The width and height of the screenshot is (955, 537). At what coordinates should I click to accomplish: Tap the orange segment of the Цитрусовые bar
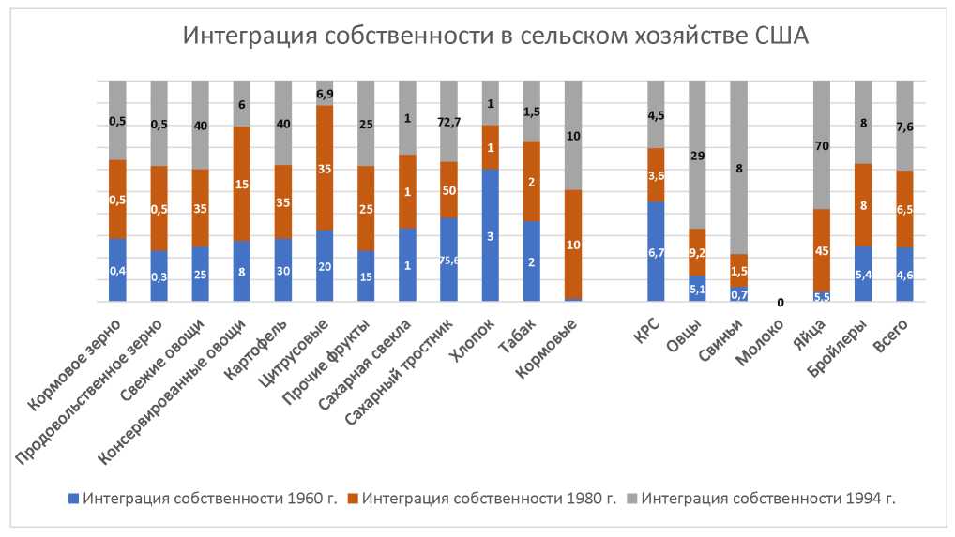[x=325, y=169]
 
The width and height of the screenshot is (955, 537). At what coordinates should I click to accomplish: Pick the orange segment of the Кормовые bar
[x=572, y=244]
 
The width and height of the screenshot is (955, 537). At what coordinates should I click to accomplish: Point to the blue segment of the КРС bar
[x=656, y=251]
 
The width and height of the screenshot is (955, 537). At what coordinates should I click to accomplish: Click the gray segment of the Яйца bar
[x=822, y=144]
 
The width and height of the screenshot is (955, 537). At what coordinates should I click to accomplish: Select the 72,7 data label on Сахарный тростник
[x=448, y=122]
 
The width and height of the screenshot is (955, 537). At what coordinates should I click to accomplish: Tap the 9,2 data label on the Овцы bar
[x=697, y=252]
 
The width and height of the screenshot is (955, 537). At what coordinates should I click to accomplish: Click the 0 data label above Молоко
[x=781, y=304]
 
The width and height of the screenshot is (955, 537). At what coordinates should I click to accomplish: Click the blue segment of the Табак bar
[x=531, y=261]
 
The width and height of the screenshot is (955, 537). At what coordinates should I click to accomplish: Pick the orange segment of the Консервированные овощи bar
[x=242, y=184]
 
